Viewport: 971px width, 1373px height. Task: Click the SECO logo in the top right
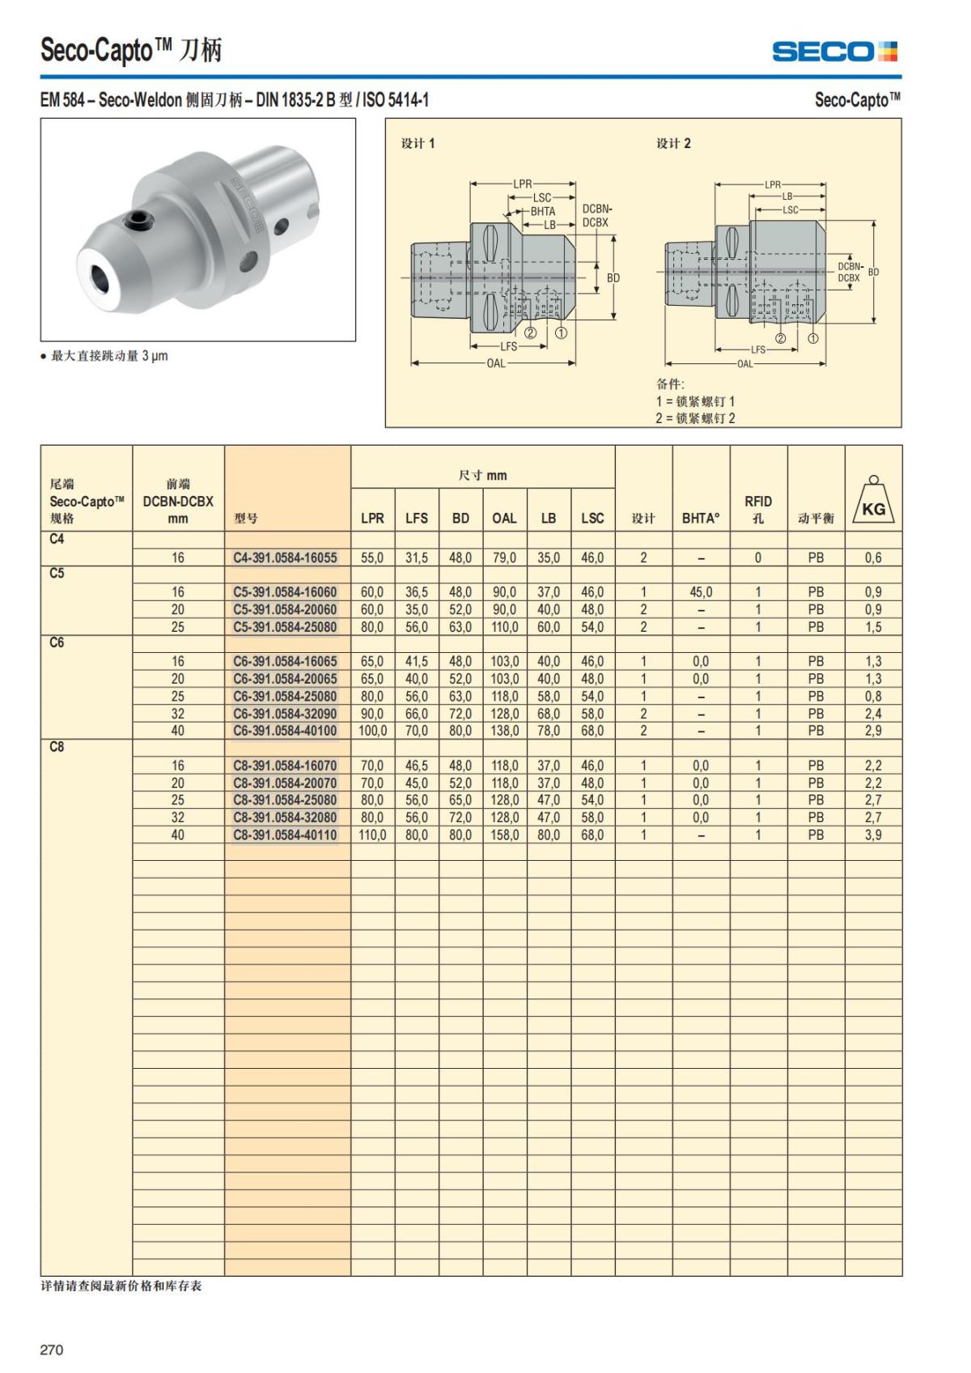pos(835,52)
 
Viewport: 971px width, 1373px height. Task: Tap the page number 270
pos(51,1350)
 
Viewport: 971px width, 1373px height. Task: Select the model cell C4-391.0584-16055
pos(285,557)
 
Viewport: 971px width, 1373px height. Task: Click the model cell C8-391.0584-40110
pos(285,835)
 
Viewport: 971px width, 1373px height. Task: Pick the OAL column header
pos(504,518)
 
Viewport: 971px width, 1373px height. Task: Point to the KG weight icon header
pos(873,503)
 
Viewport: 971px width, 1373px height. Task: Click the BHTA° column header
pos(701,518)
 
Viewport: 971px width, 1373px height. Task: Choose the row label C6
pos(57,643)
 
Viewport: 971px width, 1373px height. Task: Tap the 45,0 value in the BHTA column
pos(701,592)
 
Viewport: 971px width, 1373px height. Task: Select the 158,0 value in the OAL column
pos(504,835)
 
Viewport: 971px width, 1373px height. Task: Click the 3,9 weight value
pos(873,835)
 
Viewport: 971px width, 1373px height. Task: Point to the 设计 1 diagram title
pos(418,143)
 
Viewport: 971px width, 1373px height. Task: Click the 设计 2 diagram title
pos(673,143)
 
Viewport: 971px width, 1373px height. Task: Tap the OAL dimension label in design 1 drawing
pos(495,363)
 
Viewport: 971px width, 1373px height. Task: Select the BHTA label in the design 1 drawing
pos(543,211)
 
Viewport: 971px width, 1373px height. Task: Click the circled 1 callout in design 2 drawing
pos(813,338)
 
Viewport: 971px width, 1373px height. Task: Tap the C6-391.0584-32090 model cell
pos(285,714)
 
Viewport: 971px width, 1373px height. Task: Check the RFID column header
pos(758,509)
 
